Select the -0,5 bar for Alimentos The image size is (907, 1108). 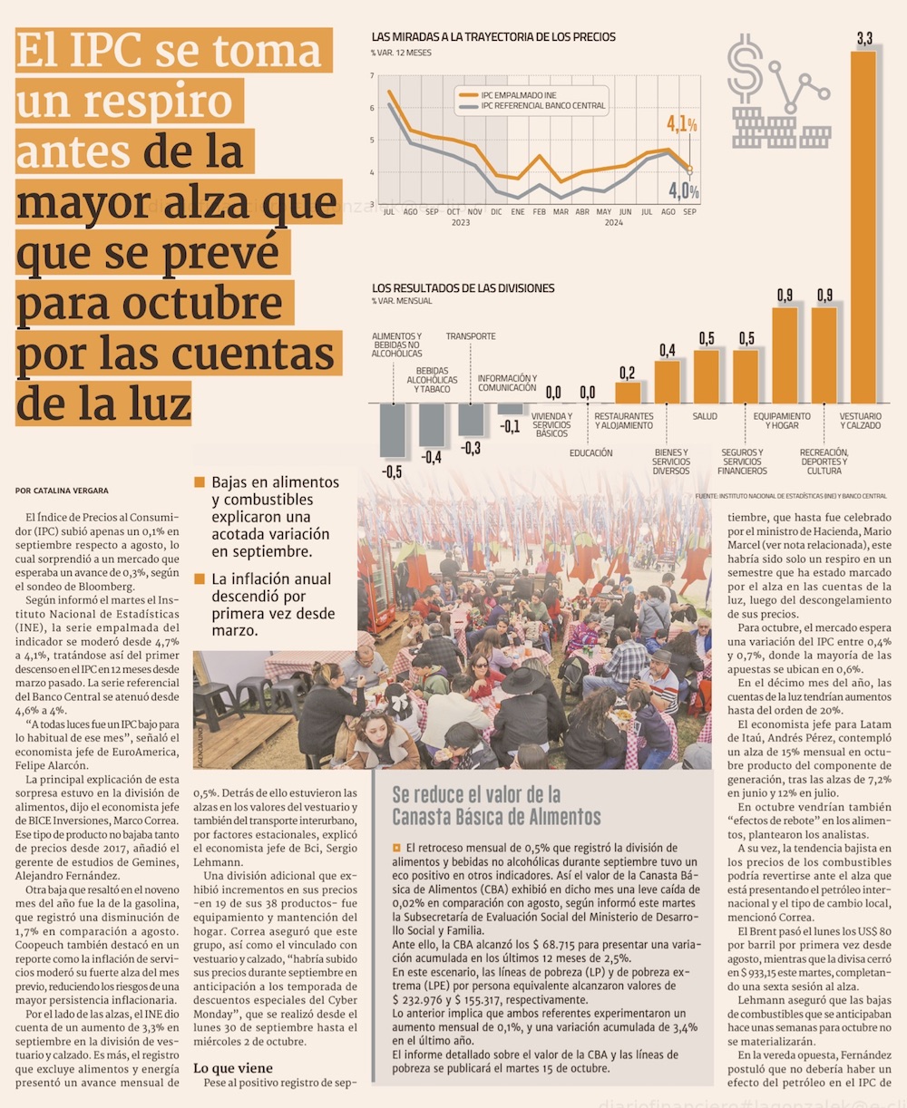tap(392, 431)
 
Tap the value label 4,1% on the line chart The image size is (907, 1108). tap(681, 124)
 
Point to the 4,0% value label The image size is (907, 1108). tap(683, 191)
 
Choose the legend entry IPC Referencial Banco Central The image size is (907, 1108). tap(541, 106)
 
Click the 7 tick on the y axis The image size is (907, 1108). tap(372, 76)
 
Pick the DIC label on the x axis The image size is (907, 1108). tap(496, 212)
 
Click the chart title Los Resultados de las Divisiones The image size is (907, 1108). tap(463, 288)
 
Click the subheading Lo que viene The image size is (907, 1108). tap(232, 1068)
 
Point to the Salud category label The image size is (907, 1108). tap(705, 417)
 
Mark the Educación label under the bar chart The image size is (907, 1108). tap(591, 453)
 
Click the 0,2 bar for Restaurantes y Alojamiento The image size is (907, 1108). tap(627, 393)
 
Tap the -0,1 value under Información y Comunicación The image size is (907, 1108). tap(511, 426)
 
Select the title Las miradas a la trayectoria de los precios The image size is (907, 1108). tap(493, 37)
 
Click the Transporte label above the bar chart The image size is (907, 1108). tap(471, 336)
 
